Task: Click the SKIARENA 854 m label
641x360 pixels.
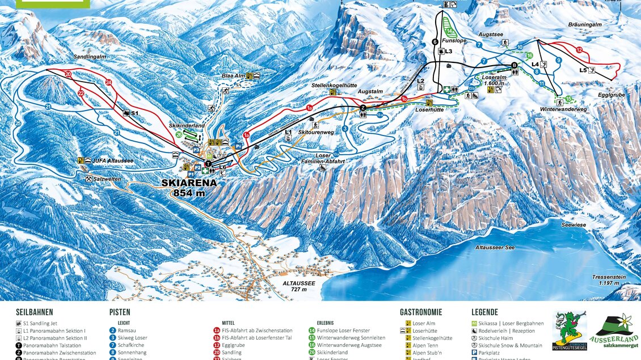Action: point(188,188)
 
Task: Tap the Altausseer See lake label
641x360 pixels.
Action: point(495,248)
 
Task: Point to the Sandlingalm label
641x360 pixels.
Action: point(90,57)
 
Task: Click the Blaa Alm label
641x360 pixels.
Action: point(233,75)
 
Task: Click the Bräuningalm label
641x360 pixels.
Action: point(584,24)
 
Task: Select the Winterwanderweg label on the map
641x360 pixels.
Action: point(563,109)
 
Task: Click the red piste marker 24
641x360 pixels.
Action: point(108,82)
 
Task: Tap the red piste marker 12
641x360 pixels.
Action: point(579,50)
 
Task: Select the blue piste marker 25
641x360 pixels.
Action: point(18,123)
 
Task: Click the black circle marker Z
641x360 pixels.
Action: point(363,107)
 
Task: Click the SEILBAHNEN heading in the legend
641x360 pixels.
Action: point(35,312)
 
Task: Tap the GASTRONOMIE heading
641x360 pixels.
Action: point(421,312)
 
